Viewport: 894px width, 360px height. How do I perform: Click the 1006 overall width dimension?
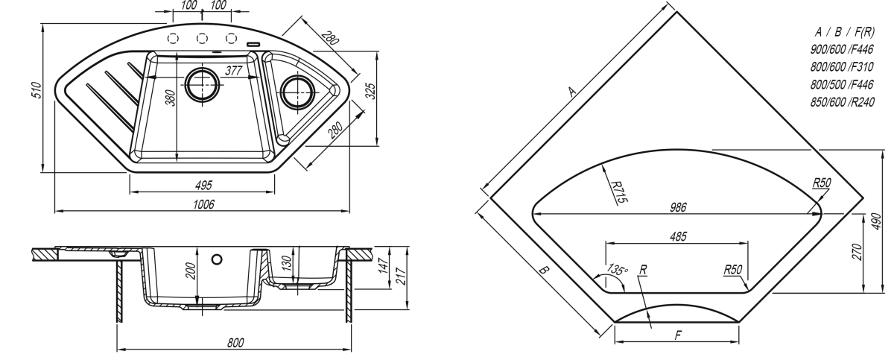(203, 204)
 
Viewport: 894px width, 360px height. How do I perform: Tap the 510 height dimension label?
(37, 90)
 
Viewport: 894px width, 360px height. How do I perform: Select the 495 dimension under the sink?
(203, 185)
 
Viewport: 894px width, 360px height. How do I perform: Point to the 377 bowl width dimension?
(233, 71)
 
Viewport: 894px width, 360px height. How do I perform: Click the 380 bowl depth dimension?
(171, 98)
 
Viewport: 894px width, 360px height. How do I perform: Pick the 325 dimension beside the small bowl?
(371, 91)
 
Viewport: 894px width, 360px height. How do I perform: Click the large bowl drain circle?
(203, 85)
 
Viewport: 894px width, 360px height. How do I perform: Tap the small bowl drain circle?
(297, 92)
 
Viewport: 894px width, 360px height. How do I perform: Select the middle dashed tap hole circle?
(202, 38)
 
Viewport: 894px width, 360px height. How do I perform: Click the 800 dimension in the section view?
(235, 343)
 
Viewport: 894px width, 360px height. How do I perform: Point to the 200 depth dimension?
(191, 271)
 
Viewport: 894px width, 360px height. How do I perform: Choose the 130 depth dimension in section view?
(287, 262)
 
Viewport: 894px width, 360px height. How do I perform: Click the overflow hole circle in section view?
(217, 259)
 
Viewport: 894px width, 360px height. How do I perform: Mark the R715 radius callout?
(619, 192)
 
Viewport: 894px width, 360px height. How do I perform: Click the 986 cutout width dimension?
(678, 207)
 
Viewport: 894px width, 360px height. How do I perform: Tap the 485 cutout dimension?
(678, 237)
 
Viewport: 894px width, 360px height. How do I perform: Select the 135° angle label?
(617, 269)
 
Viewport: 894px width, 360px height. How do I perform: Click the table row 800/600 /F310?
(842, 66)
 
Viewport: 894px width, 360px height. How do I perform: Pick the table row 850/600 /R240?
(842, 102)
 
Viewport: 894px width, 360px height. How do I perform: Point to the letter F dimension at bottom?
(678, 335)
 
